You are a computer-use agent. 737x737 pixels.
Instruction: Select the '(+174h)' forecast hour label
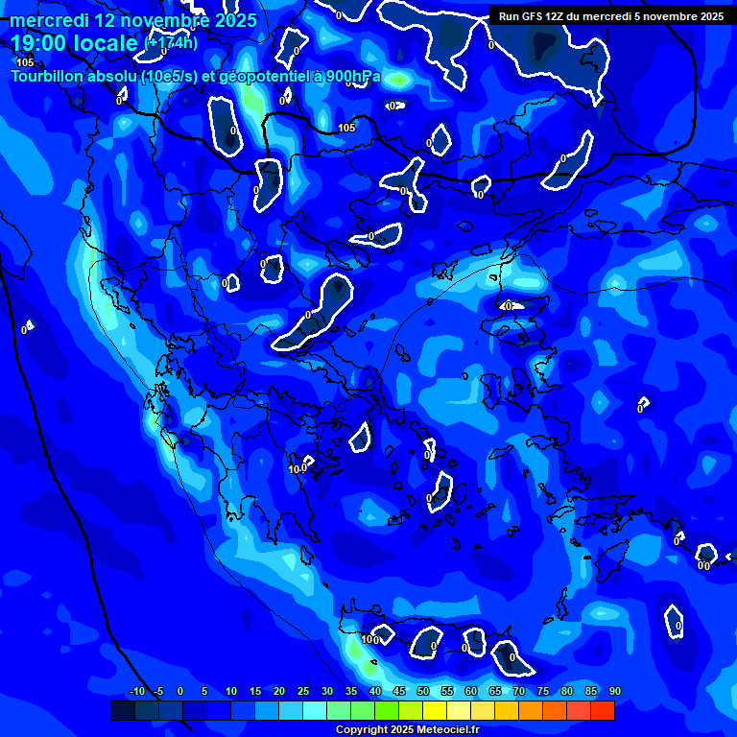pos(171,42)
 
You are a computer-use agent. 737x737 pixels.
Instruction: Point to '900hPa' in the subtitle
pos(352,77)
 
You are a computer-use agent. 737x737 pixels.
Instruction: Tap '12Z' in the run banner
pos(560,16)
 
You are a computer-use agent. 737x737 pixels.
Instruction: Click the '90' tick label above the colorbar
pos(614,691)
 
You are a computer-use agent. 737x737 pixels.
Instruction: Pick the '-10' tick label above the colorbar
pos(136,691)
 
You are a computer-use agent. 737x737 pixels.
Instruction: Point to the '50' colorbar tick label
pos(423,691)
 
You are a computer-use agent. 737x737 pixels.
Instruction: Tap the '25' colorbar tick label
pos(303,691)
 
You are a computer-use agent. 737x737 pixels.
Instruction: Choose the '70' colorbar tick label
pos(519,691)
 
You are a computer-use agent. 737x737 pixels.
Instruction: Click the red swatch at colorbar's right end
pos(602,710)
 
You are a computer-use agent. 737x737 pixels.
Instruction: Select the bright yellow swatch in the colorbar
pos(434,710)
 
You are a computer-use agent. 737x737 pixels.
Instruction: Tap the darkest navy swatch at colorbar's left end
pos(122,710)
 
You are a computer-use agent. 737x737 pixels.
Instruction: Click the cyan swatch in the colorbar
pos(314,710)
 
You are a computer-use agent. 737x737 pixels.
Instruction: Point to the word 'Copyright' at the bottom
pos(360,730)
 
